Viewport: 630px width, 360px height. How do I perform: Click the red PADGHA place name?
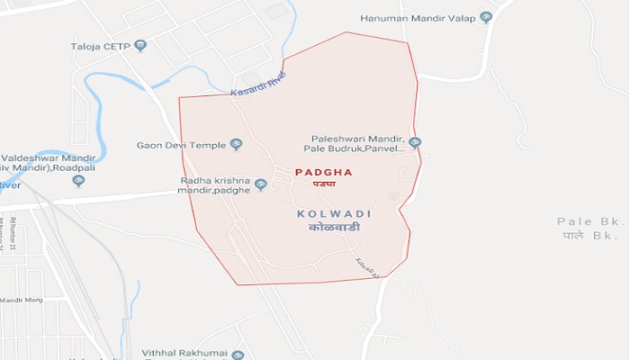coord(324,172)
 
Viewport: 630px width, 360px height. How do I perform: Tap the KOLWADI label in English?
coord(334,214)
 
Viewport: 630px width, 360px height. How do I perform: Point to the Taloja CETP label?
coord(100,44)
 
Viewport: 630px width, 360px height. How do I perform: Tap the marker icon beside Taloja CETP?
coord(140,44)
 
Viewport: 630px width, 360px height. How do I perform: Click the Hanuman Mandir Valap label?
coord(418,17)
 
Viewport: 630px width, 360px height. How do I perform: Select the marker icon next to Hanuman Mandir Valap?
coord(486,17)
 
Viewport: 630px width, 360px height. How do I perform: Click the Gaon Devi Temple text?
coord(181,144)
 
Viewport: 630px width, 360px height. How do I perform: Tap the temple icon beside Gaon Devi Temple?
coord(237,144)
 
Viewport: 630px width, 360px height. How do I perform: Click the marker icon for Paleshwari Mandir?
coord(415,142)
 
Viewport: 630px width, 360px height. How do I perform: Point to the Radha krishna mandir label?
coord(214,184)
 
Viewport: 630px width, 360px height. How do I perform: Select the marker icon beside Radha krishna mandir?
coord(261,185)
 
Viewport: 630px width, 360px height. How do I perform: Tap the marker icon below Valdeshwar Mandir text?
coord(78,181)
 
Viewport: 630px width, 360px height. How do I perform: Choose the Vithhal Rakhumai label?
coord(184,355)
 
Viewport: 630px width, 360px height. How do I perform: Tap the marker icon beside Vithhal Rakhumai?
coord(238,355)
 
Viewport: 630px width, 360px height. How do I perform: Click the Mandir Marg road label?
coord(22,300)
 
